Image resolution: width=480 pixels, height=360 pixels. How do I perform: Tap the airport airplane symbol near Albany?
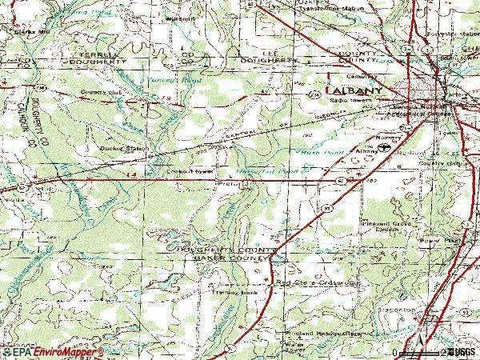tap(385, 148)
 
